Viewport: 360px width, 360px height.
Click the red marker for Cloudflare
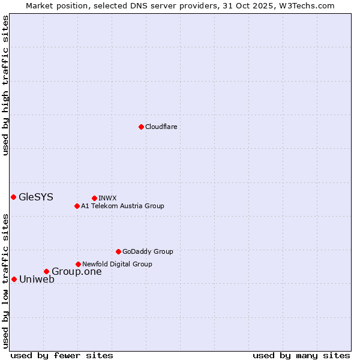pos(141,127)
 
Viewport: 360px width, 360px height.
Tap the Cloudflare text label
pos(161,127)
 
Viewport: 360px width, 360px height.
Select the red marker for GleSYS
pos(13,197)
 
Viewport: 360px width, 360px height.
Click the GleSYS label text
pos(36,197)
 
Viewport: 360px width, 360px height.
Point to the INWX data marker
pos(94,198)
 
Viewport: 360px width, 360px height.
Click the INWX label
pos(107,198)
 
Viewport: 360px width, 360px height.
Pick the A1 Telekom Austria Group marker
pos(77,206)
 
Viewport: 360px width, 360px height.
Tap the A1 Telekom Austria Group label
pos(122,206)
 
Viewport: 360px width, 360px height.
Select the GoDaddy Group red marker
pos(118,251)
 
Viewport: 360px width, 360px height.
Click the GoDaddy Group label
pos(148,251)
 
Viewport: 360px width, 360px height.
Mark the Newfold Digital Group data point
pos(78,264)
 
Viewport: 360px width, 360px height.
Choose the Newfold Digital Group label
pos(117,264)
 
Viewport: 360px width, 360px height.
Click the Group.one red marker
pos(46,272)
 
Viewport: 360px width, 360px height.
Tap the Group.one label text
pos(76,272)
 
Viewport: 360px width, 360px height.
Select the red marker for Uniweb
pos(14,279)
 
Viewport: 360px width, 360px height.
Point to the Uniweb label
pos(37,279)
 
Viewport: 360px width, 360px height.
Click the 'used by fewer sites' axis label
pos(62,355)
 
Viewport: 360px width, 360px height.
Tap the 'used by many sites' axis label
pos(301,355)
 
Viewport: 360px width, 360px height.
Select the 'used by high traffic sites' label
pos(5,85)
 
